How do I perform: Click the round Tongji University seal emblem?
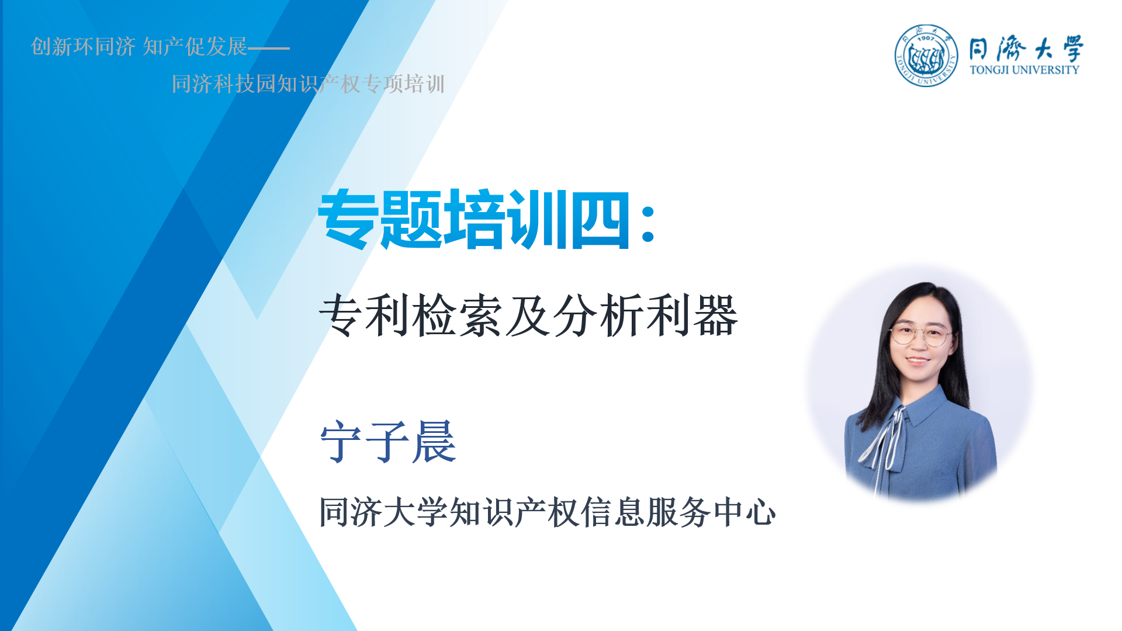click(x=926, y=56)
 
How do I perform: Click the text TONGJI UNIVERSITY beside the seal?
click(x=1024, y=70)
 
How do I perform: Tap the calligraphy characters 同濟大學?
click(x=1026, y=48)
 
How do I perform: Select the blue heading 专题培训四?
click(x=475, y=219)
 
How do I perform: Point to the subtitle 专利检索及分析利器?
click(x=529, y=315)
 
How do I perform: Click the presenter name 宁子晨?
click(x=388, y=442)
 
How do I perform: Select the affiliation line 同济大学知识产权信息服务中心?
click(x=548, y=512)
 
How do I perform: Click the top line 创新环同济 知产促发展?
click(x=139, y=47)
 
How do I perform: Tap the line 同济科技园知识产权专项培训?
click(x=308, y=84)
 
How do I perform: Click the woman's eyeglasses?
click(x=920, y=335)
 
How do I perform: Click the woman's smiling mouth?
click(x=917, y=360)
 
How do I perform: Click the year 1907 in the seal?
click(x=926, y=38)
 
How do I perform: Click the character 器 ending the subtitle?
click(x=716, y=316)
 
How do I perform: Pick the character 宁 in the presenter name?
click(x=342, y=442)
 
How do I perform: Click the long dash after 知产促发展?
click(x=269, y=48)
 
